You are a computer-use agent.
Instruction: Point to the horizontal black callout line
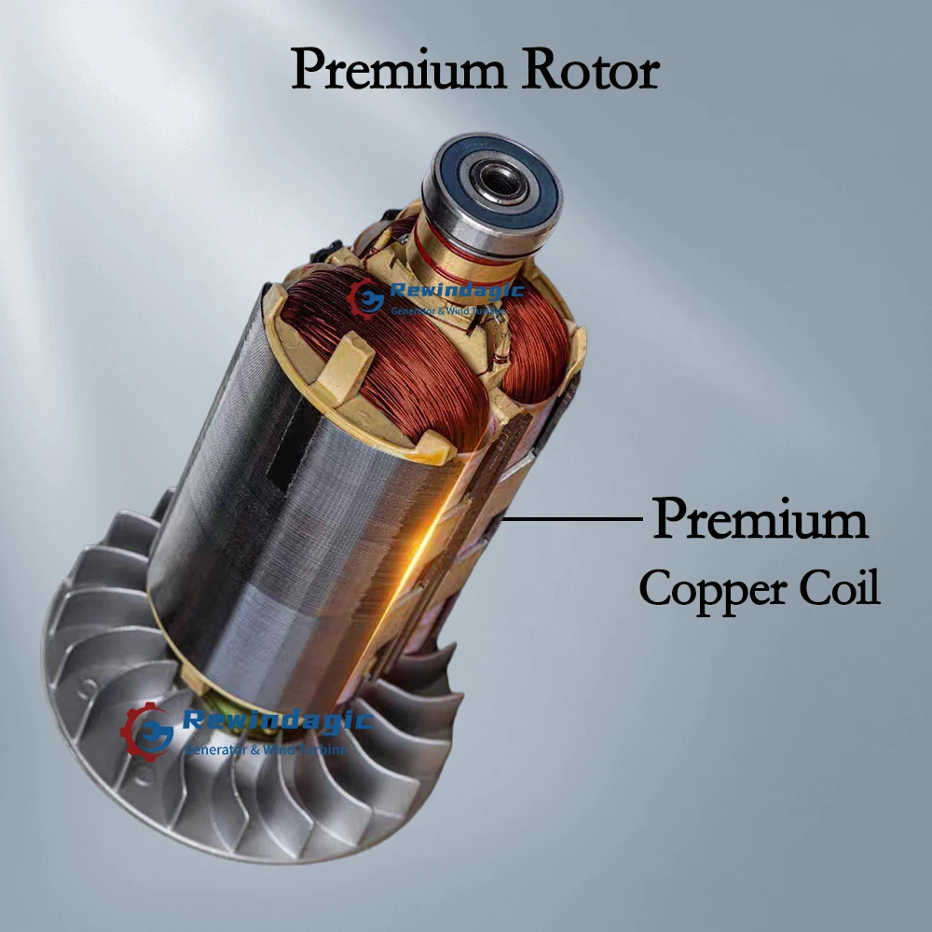click(572, 515)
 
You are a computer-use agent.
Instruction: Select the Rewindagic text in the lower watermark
click(277, 720)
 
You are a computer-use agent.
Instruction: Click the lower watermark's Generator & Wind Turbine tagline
click(266, 748)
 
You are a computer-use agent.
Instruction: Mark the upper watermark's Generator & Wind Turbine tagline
click(445, 308)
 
